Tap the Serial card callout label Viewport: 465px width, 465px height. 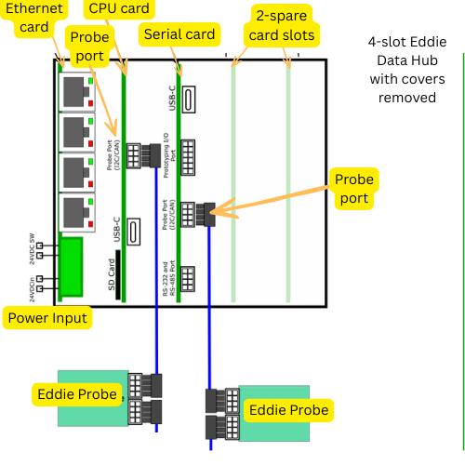click(x=179, y=34)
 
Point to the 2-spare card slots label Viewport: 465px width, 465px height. click(x=284, y=26)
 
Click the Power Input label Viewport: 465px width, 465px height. click(x=47, y=318)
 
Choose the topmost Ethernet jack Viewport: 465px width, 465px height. click(x=74, y=90)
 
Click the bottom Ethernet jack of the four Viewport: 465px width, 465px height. click(x=74, y=213)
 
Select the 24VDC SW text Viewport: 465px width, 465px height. click(x=31, y=248)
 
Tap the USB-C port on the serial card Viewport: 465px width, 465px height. click(x=188, y=99)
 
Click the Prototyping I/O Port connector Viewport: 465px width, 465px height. click(x=189, y=156)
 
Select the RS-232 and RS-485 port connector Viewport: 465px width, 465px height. click(x=189, y=279)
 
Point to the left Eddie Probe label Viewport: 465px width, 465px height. click(x=77, y=393)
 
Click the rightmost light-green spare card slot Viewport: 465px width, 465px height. click(x=288, y=186)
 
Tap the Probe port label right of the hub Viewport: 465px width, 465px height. click(x=354, y=189)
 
